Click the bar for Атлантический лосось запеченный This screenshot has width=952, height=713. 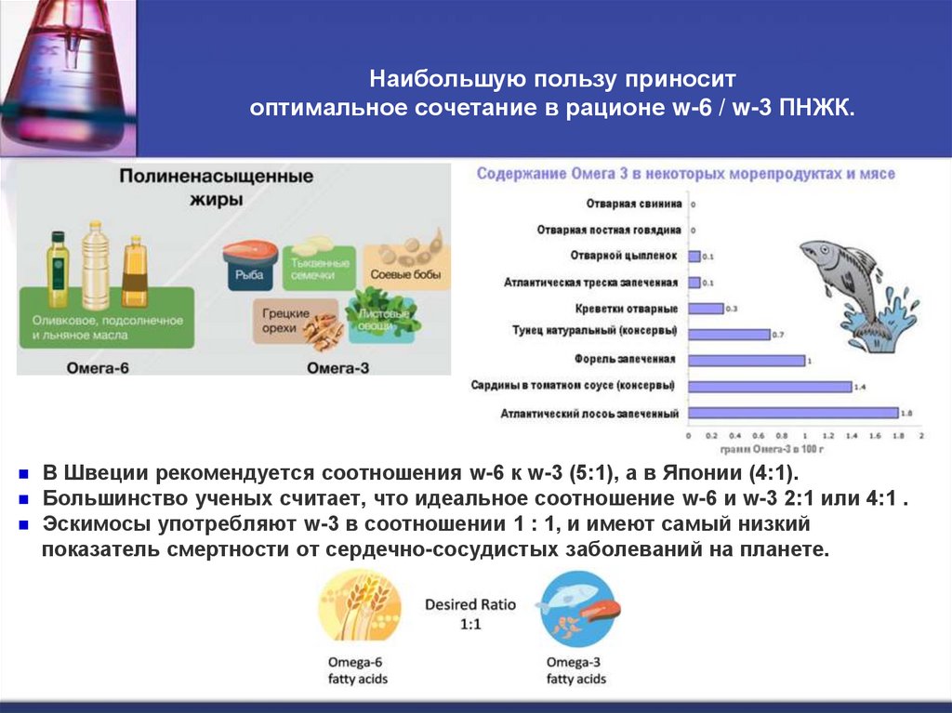pyautogui.click(x=793, y=413)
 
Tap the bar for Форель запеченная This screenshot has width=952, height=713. pyautogui.click(x=746, y=360)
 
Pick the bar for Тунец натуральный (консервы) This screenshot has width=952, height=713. pyautogui.click(x=729, y=334)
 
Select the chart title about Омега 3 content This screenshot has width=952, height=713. pyautogui.click(x=685, y=174)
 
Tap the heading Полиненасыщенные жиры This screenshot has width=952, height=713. pyautogui.click(x=215, y=188)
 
